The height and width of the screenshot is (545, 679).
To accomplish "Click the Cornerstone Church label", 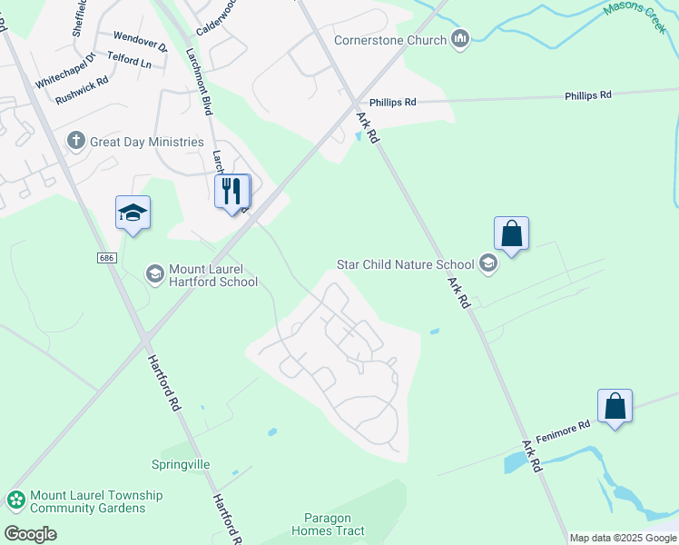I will pos(390,40).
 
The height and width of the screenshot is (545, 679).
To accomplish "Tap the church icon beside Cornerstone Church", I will pos(460,39).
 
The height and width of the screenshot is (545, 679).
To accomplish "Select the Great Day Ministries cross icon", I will pos(76,141).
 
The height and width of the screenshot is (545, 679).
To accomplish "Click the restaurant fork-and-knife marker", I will pos(231,192).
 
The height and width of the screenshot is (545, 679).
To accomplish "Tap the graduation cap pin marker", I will pos(133,213).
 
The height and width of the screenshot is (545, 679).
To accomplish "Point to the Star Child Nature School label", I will pos(405,264).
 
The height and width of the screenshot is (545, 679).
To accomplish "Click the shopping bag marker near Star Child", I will pos(512,233).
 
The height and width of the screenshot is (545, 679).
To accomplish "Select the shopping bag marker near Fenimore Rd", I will pos(615,406).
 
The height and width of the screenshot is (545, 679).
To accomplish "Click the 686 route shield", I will pos(107,258).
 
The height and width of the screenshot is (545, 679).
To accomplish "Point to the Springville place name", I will pos(181,464).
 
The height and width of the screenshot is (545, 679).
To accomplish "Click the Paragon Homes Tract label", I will pos(328,524).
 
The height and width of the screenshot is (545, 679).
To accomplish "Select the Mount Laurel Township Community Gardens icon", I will pos(15,500).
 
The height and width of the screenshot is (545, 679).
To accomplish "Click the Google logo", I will pos(30,533).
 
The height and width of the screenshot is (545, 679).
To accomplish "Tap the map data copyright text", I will pos(622,538).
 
